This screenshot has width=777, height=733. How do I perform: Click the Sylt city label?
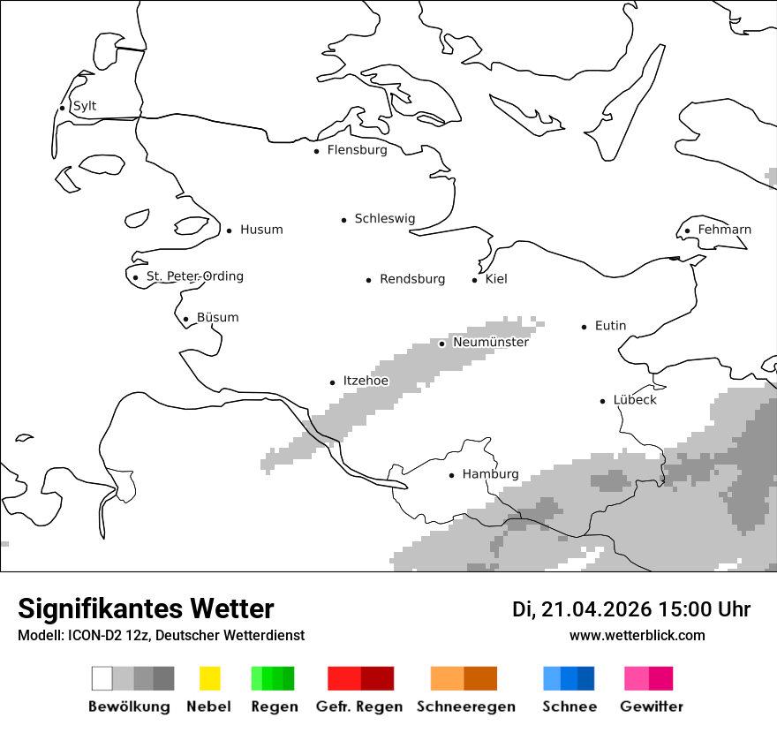(85, 107)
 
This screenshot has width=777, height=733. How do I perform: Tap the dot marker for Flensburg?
(316, 151)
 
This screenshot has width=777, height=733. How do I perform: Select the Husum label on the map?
(261, 230)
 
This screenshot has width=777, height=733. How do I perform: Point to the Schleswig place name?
(384, 219)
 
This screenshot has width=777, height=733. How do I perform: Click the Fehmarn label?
(724, 230)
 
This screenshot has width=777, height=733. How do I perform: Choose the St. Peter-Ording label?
(194, 276)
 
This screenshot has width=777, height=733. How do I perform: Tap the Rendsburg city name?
(411, 279)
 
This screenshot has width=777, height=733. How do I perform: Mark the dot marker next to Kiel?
(474, 280)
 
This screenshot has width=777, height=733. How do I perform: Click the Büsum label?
(217, 318)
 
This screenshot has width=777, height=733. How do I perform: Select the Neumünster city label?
(490, 343)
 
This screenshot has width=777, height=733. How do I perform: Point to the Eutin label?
(610, 326)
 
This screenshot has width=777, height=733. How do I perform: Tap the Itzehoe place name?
(365, 382)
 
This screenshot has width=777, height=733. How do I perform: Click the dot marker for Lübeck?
(602, 401)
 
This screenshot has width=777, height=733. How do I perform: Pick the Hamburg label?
(490, 474)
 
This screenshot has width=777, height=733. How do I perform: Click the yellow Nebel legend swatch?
(209, 678)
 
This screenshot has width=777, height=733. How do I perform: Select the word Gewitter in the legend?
(651, 707)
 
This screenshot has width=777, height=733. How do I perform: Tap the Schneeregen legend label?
(465, 707)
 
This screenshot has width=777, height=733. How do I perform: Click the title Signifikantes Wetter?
(146, 609)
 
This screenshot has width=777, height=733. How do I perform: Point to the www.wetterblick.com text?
(637, 636)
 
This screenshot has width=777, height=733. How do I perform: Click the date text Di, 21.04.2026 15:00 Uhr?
(631, 609)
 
